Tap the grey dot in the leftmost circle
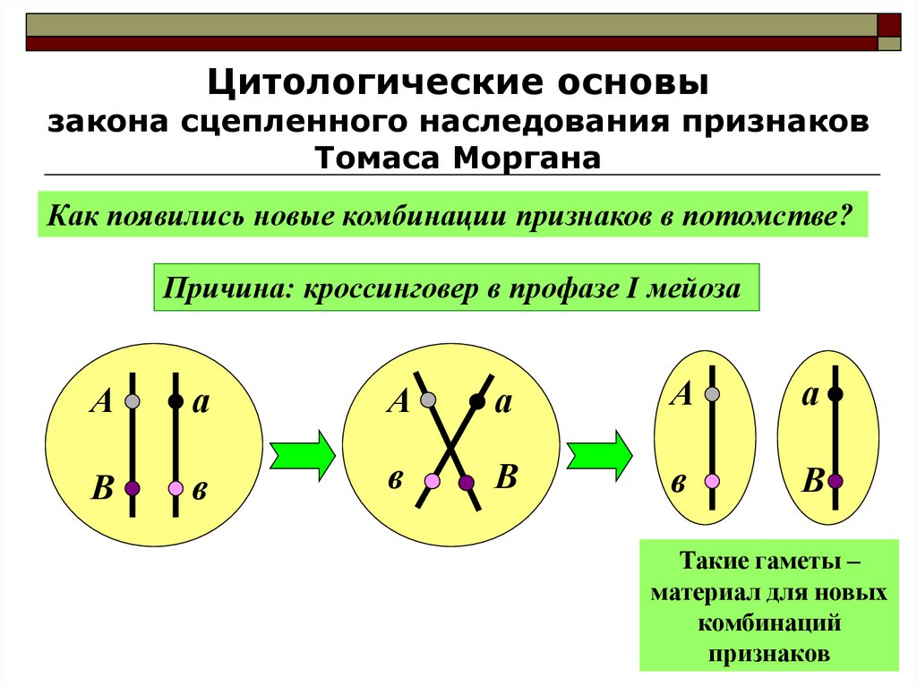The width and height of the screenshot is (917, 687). pyautogui.click(x=133, y=401)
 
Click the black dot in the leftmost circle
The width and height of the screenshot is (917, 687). pyautogui.click(x=176, y=401)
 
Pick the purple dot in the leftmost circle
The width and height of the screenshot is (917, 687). pyautogui.click(x=133, y=488)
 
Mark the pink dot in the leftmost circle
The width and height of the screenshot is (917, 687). pyautogui.click(x=176, y=488)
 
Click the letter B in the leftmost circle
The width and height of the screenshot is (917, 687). pyautogui.click(x=102, y=489)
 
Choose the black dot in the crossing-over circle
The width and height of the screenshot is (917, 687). pyautogui.click(x=477, y=402)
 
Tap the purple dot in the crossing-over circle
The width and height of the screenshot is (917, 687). pyautogui.click(x=467, y=483)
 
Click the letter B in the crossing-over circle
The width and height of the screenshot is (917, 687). pyautogui.click(x=506, y=477)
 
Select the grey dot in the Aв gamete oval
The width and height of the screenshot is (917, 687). pyautogui.click(x=713, y=394)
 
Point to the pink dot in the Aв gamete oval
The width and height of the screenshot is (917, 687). pyautogui.click(x=713, y=481)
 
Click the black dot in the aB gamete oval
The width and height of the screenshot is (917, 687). pyautogui.click(x=835, y=393)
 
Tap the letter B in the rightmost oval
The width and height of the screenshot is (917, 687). pyautogui.click(x=812, y=482)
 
